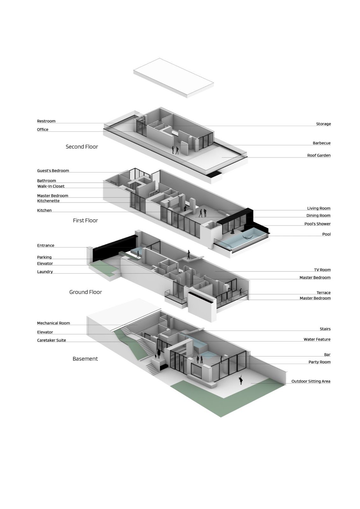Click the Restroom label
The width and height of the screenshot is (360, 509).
(46, 121)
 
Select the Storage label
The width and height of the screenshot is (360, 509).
(323, 124)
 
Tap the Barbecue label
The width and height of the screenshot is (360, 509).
(321, 143)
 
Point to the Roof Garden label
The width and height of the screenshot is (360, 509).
(319, 156)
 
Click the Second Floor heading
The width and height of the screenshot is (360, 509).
(82, 147)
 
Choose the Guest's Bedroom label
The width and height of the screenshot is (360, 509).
(53, 171)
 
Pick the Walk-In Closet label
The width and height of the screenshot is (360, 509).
(51, 186)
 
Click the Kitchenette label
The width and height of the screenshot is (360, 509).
(48, 201)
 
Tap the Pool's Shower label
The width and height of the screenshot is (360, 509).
(317, 224)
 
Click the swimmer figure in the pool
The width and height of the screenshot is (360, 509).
(248, 237)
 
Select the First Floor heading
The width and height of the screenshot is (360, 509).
(85, 220)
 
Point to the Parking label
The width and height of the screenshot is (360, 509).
(44, 257)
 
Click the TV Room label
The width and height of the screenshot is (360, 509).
(322, 270)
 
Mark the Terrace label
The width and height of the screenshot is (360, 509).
(324, 293)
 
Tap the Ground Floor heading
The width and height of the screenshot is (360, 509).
(86, 292)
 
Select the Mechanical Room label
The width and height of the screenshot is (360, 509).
(53, 323)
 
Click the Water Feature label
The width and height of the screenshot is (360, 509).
(317, 339)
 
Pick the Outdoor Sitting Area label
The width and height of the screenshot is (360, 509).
(311, 381)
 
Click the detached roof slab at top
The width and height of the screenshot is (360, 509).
(173, 78)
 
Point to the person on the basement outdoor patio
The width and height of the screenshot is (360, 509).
(240, 380)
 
